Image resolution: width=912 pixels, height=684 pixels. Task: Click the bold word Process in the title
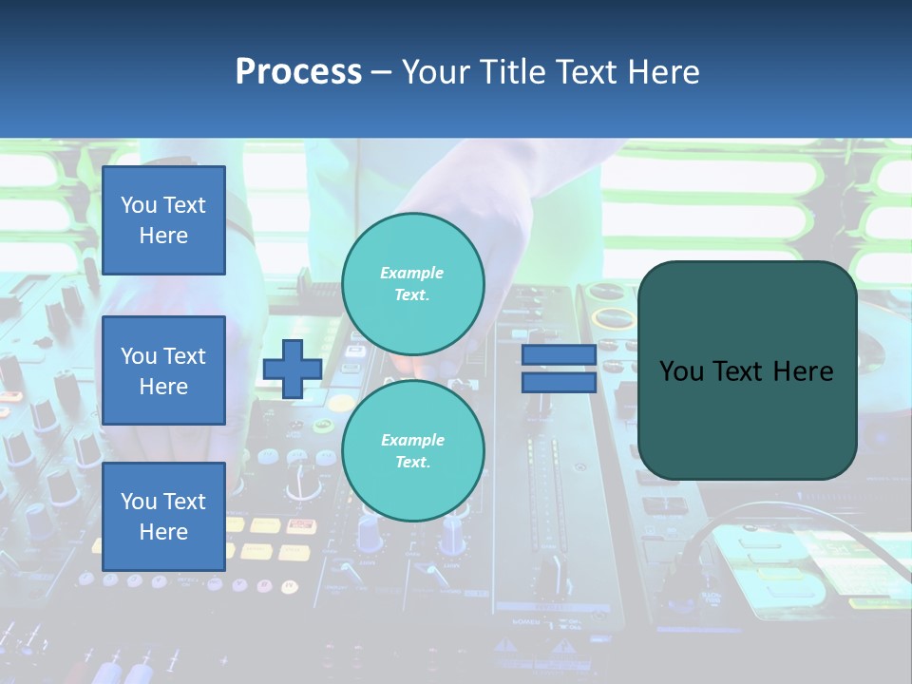coord(298,72)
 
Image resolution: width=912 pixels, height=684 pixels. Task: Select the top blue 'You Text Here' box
coord(163,220)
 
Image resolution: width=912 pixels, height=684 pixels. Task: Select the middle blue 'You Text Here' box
coord(163,370)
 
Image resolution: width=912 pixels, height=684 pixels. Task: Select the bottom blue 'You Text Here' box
coord(163,516)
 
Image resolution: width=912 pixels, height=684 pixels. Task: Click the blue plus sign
coord(292,369)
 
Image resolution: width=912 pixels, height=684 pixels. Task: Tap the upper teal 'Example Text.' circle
coord(412,284)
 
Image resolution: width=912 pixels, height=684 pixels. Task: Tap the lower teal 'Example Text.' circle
coord(412,451)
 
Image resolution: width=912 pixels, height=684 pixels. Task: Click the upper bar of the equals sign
coord(559,355)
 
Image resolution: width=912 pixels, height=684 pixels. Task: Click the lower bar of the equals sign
coord(559,383)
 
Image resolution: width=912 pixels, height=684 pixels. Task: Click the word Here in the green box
coord(804,371)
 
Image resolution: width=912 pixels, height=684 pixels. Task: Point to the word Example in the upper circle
coord(412,273)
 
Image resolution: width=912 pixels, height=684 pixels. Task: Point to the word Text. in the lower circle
coord(412,463)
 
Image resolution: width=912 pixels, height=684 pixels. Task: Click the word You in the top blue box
coord(138,205)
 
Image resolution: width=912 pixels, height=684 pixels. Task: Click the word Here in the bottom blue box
coord(163,532)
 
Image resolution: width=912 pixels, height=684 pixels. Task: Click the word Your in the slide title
coord(437,72)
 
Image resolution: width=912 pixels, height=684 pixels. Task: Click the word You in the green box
coord(681,371)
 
